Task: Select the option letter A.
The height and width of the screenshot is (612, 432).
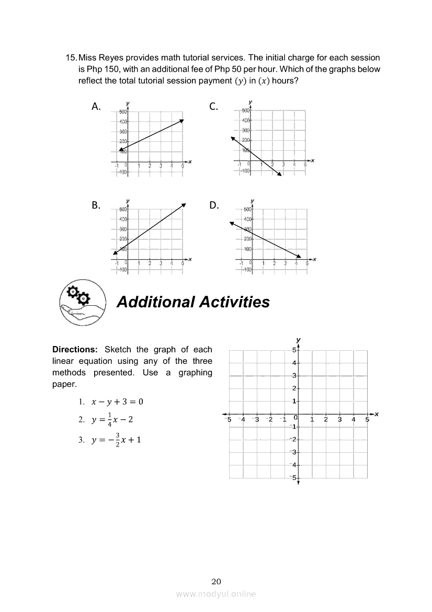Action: tap(96, 107)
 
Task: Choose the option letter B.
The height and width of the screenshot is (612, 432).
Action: tap(96, 205)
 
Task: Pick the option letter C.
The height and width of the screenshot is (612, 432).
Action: tap(213, 107)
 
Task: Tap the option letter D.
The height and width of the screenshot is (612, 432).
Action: tap(214, 205)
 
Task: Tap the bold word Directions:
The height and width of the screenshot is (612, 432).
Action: tap(75, 350)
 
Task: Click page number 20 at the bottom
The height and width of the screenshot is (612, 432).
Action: tap(217, 582)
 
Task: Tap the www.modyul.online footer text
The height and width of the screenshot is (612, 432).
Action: tap(216, 594)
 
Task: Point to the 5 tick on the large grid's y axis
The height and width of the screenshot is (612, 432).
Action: tap(294, 350)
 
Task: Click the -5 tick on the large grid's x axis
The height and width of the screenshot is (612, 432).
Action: tap(228, 419)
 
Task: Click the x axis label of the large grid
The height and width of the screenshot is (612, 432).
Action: tap(376, 414)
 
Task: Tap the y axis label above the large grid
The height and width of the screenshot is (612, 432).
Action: tap(298, 340)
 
